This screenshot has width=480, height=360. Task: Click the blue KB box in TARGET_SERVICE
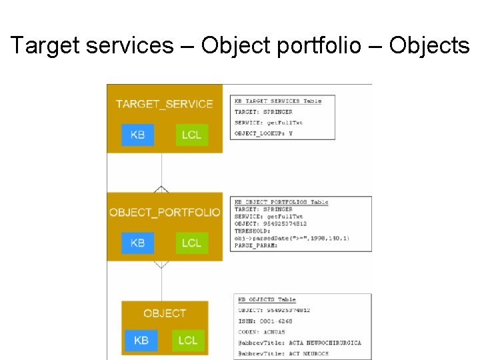[x=137, y=135]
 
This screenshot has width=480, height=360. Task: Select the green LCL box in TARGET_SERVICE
[x=191, y=135]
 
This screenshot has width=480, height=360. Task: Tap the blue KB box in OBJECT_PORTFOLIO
[x=137, y=243]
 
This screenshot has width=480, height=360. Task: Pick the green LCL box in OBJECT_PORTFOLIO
[x=191, y=243]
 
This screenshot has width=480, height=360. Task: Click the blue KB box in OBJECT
[x=141, y=340]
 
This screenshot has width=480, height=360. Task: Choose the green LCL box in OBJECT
[x=188, y=340]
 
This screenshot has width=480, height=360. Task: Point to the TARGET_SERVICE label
[x=164, y=104]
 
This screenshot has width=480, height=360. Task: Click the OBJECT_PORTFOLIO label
[x=165, y=212]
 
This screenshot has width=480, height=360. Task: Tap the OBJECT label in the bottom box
[x=165, y=313]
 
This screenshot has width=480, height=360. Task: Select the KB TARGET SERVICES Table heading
[x=278, y=101]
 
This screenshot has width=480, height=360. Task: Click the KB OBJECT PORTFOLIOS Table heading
[x=281, y=202]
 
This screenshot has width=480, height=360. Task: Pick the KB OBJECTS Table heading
[x=267, y=300]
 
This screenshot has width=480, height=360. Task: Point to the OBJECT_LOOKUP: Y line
[x=264, y=133]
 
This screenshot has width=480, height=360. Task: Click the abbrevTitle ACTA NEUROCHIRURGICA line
[x=300, y=343]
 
